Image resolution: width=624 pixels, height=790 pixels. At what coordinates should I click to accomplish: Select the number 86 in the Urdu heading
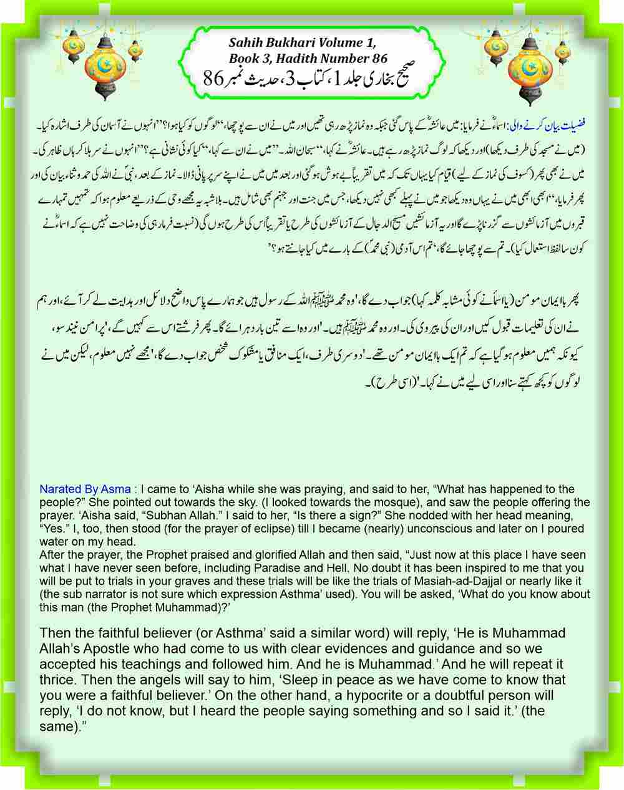[x=215, y=78]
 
